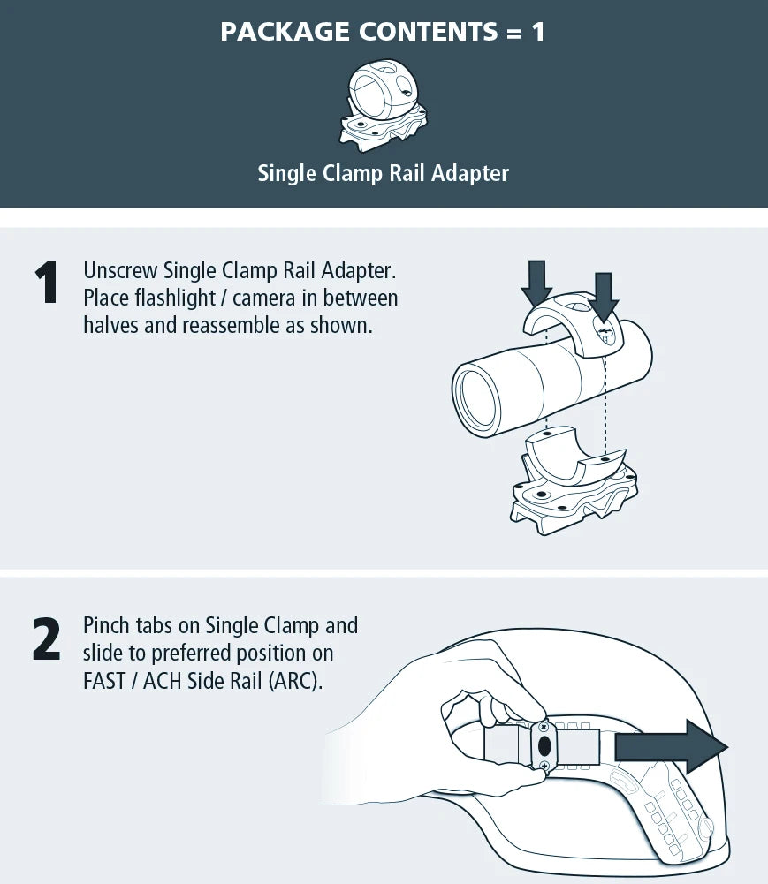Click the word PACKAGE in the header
point(285,31)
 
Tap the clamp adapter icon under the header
point(384,106)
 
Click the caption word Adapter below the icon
point(470,173)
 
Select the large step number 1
point(46,283)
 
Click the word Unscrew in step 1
point(120,270)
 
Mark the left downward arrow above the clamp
point(536,283)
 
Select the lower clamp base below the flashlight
point(574,481)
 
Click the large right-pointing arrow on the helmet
point(671,746)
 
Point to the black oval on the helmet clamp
point(544,746)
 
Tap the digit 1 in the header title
point(537,32)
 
